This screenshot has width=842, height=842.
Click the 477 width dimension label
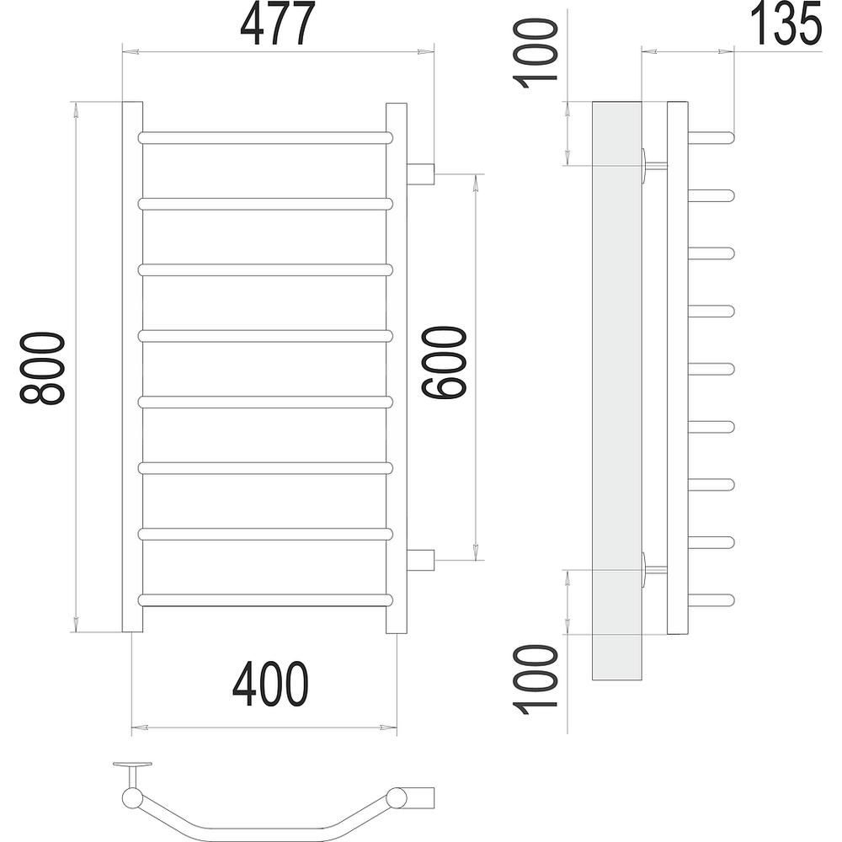pyautogui.click(x=278, y=24)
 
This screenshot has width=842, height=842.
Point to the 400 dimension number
pyautogui.click(x=270, y=684)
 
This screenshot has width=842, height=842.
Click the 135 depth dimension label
pyautogui.click(x=785, y=24)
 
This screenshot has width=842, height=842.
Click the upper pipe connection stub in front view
pyautogui.click(x=421, y=174)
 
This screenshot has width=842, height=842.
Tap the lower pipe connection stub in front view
pyautogui.click(x=421, y=559)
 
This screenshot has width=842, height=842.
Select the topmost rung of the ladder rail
pyautogui.click(x=265, y=137)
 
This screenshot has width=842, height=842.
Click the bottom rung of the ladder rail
pyautogui.click(x=265, y=600)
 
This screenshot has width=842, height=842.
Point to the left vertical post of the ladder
pyautogui.click(x=132, y=367)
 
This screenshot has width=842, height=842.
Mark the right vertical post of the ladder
pyautogui.click(x=397, y=367)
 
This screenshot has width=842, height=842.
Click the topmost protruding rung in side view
pyautogui.click(x=712, y=136)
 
